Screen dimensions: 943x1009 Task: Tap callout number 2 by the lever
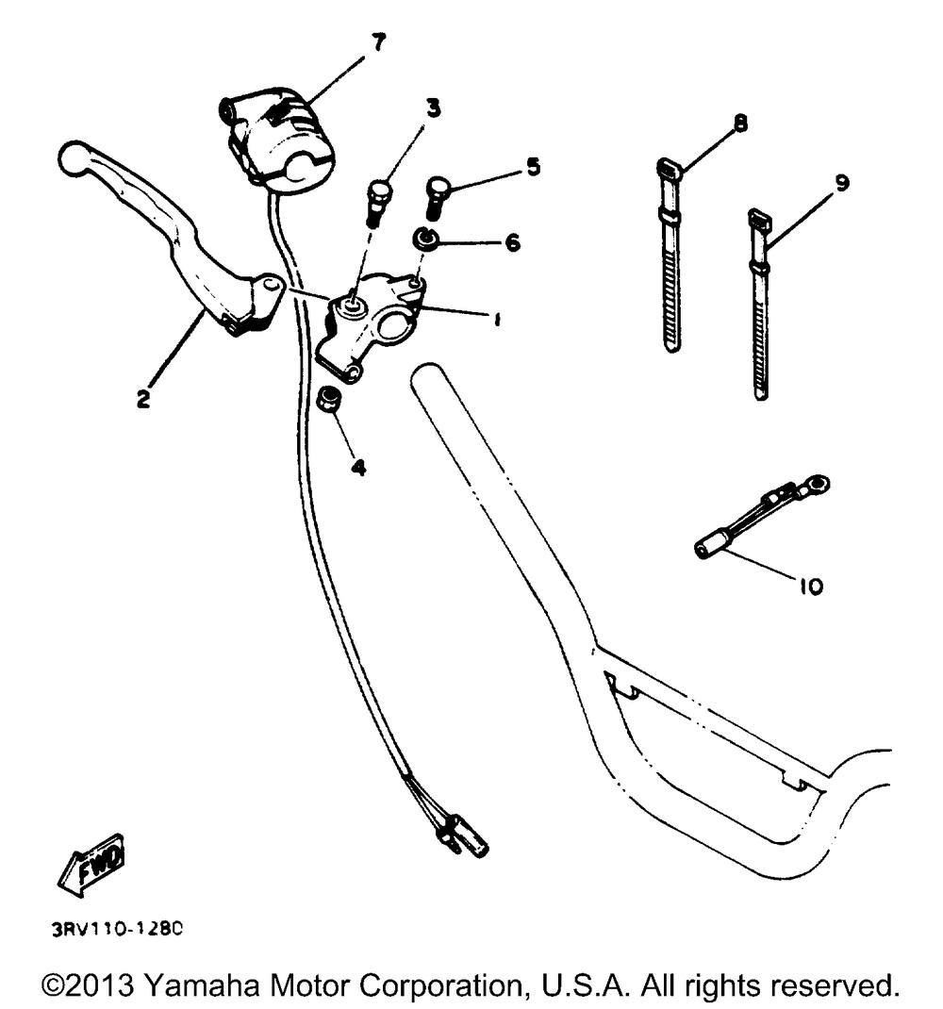click(x=142, y=399)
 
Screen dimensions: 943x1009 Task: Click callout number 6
click(x=512, y=242)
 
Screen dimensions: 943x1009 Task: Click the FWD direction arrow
click(x=91, y=862)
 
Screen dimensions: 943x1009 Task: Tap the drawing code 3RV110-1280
click(x=117, y=927)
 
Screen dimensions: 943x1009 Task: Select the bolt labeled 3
click(x=377, y=198)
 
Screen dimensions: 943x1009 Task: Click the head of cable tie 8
click(x=669, y=170)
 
